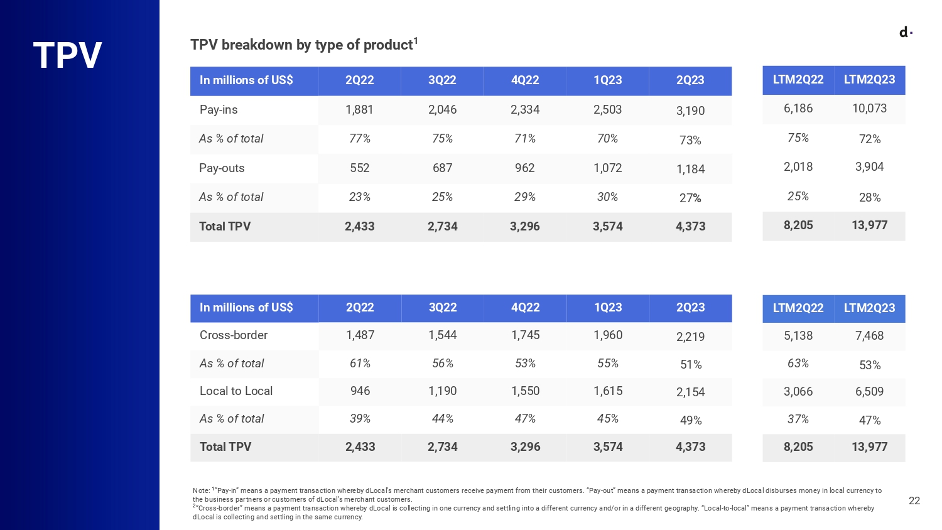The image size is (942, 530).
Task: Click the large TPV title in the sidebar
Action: [67, 55]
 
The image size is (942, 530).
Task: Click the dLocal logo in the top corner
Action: [905, 32]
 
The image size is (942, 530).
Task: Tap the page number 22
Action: [914, 500]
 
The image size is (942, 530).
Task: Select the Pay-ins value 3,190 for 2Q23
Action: [690, 111]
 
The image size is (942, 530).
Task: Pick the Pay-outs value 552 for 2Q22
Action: [359, 168]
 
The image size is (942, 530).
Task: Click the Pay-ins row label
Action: [219, 109]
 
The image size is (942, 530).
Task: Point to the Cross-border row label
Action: [234, 335]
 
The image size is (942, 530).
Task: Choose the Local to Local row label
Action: [236, 391]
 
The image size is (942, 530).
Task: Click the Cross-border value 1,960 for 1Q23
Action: [608, 335]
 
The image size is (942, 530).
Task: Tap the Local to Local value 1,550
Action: [525, 391]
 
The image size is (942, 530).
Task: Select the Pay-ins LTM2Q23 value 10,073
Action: [869, 109]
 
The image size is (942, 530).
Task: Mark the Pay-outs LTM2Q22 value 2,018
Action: [798, 167]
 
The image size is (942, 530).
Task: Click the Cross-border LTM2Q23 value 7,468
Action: [869, 336]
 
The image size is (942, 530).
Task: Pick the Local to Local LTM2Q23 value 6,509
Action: [869, 392]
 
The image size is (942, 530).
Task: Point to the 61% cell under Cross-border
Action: [360, 364]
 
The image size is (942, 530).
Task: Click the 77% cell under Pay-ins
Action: [360, 139]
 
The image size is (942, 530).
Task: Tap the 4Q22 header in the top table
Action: [525, 80]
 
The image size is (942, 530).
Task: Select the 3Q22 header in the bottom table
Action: [443, 308]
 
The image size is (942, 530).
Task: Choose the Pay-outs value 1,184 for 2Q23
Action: [690, 170]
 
